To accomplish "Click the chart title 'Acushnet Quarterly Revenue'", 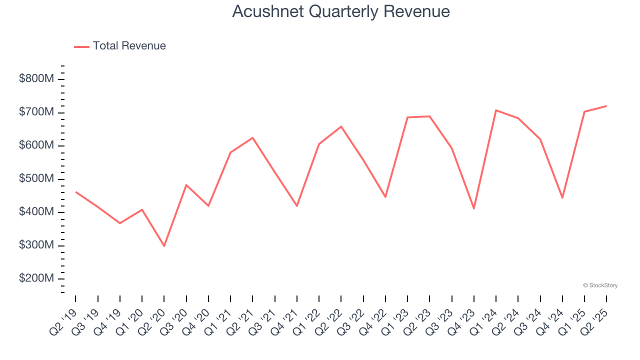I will coord(341,11).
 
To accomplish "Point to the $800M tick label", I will coord(36,79).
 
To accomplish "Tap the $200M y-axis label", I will coord(36,278).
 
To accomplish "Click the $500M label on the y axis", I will coord(36,179).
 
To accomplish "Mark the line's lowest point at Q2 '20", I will coord(164,246).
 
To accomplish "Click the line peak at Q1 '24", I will coord(496,110).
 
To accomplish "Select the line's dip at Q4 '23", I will coord(474,208).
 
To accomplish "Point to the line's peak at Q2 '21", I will coord(252,137).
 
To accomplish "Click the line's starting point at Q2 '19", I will coord(75,191).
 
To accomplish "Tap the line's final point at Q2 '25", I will coord(606,106).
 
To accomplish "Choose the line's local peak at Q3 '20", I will coord(186,185).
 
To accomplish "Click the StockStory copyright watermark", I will coord(600,285).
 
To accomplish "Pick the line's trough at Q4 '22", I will coord(385,197).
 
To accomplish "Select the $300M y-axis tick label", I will coord(36,245).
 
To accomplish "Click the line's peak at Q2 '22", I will coord(341,126).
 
